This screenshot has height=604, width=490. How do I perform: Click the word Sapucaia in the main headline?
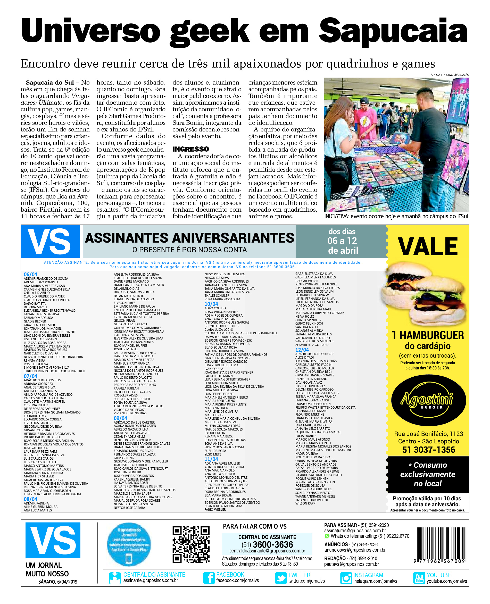point(393,31)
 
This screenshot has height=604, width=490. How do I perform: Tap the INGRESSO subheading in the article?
point(190,149)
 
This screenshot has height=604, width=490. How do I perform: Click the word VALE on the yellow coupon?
point(428,247)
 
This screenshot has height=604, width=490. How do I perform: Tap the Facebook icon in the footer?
point(209,578)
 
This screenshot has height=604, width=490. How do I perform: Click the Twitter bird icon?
point(280,578)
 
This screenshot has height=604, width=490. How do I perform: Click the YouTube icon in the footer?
point(419,578)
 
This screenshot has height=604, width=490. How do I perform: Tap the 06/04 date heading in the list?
point(30,274)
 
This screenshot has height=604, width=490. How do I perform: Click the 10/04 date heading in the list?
point(211,304)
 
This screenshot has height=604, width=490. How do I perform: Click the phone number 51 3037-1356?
point(428,450)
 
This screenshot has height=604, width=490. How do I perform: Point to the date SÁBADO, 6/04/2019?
point(57,582)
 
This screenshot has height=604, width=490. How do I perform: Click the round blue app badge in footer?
point(129,544)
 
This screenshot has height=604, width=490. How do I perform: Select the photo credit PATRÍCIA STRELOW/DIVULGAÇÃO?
point(449,75)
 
